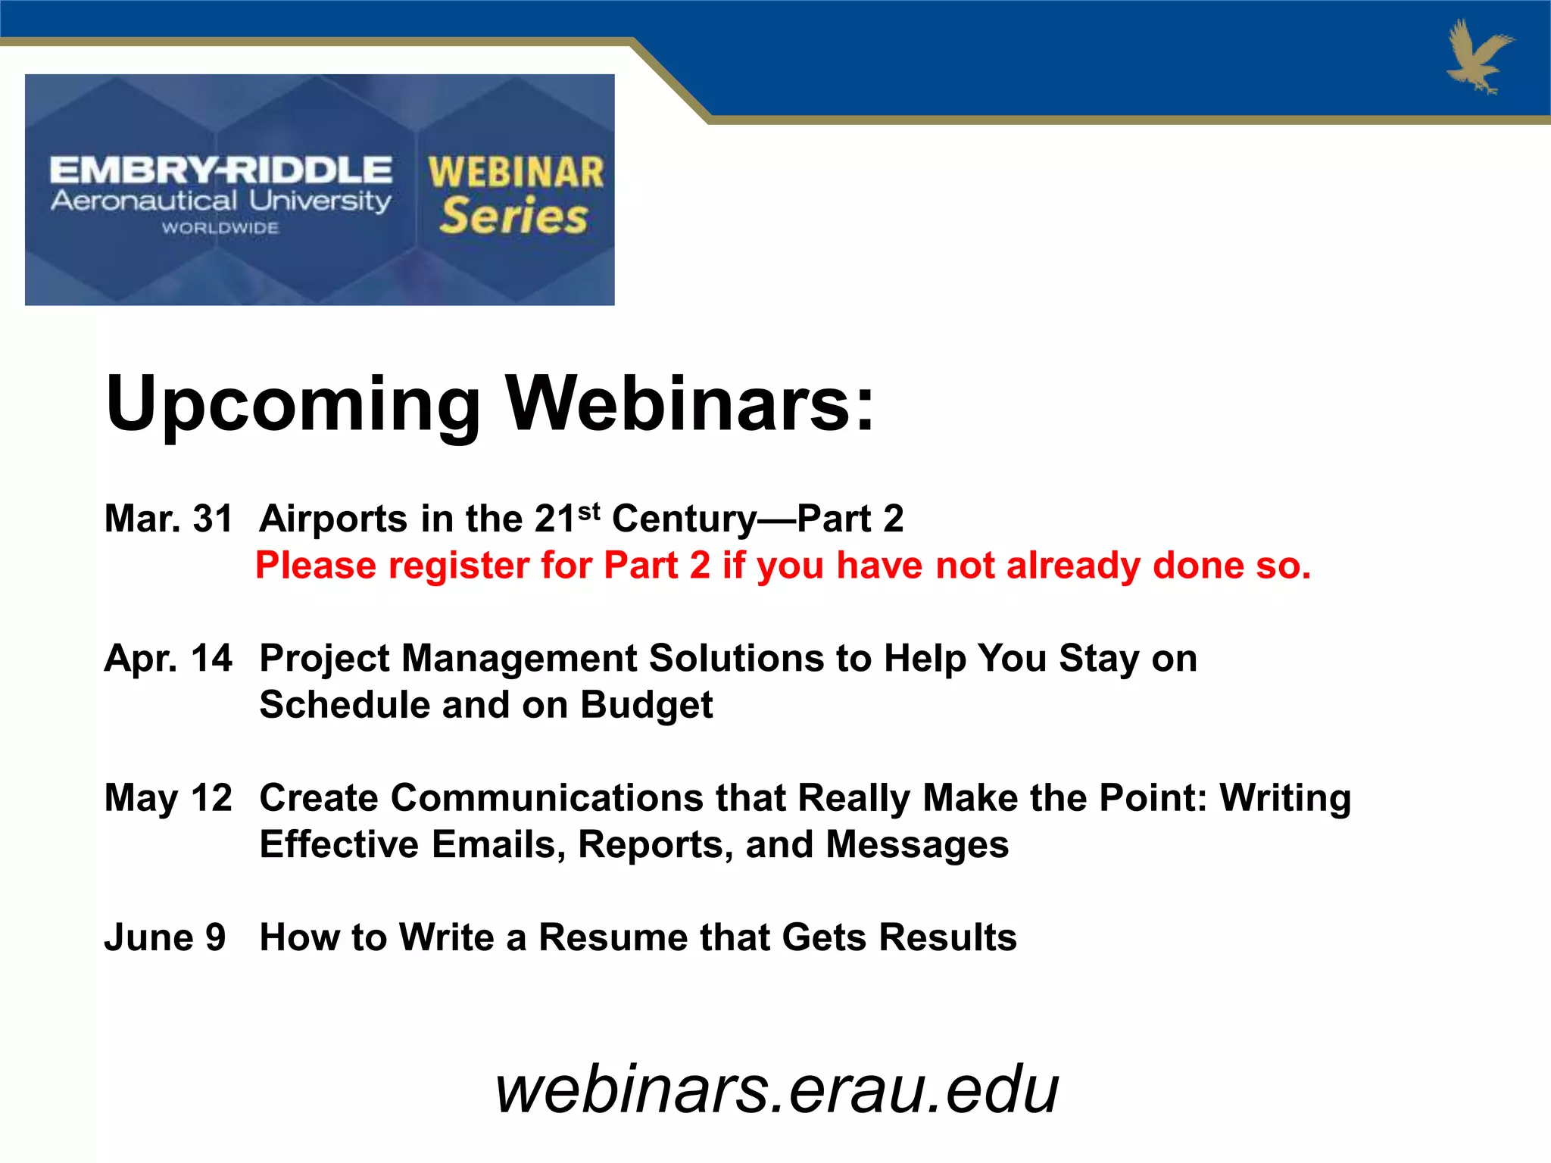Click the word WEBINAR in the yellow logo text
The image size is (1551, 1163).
click(516, 173)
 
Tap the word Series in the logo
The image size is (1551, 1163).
click(513, 216)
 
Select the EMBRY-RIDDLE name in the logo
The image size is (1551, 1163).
click(220, 170)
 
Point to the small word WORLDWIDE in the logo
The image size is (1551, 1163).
click(220, 228)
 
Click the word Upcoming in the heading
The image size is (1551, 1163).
click(293, 405)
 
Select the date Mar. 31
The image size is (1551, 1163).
click(168, 519)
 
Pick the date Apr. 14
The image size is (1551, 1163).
click(168, 659)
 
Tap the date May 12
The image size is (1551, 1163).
click(168, 798)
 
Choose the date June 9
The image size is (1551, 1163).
click(165, 937)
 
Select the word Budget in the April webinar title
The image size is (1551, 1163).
click(646, 705)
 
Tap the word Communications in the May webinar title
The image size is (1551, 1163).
click(547, 798)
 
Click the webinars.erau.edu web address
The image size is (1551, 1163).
click(776, 1089)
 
